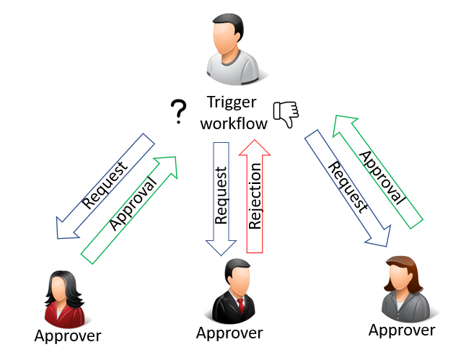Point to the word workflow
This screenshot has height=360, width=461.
pos(234,123)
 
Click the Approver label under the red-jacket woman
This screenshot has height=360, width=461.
pos(68,335)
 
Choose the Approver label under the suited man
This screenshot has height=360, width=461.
pos(229,333)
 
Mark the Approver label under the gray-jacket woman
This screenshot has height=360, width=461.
pos(402,330)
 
